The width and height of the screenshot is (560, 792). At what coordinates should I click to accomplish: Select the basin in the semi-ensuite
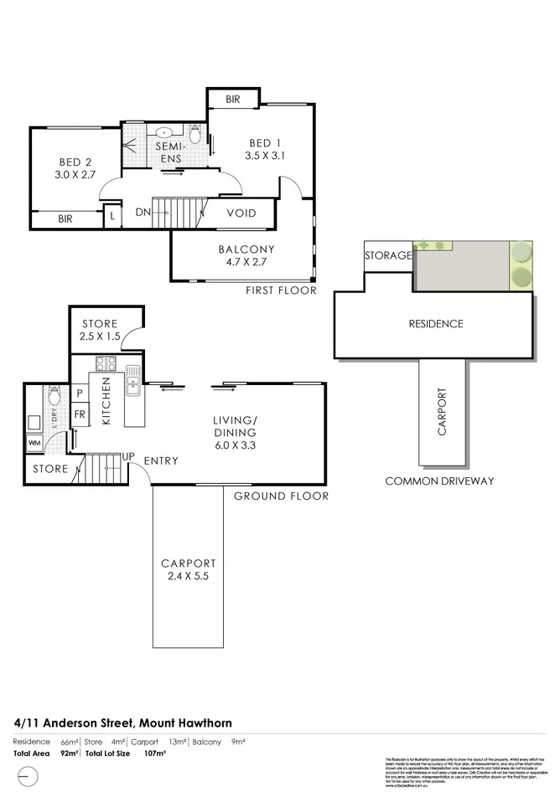coord(164,131)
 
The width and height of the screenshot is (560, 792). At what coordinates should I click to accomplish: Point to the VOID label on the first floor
coord(241,213)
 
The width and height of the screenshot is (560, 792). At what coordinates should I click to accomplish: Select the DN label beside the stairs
coord(143,213)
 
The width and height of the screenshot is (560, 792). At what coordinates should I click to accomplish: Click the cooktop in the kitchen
coord(106,364)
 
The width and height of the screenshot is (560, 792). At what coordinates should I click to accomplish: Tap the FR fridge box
coord(80,414)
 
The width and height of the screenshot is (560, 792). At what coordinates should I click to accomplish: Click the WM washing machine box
coord(35,442)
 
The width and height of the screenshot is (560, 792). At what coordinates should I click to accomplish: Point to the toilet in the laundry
coord(53,395)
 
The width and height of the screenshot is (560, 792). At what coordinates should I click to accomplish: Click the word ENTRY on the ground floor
coord(161,461)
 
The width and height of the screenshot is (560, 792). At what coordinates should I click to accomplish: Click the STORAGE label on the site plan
coord(387,255)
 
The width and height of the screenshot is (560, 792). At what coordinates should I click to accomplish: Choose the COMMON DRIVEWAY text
coord(438,481)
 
